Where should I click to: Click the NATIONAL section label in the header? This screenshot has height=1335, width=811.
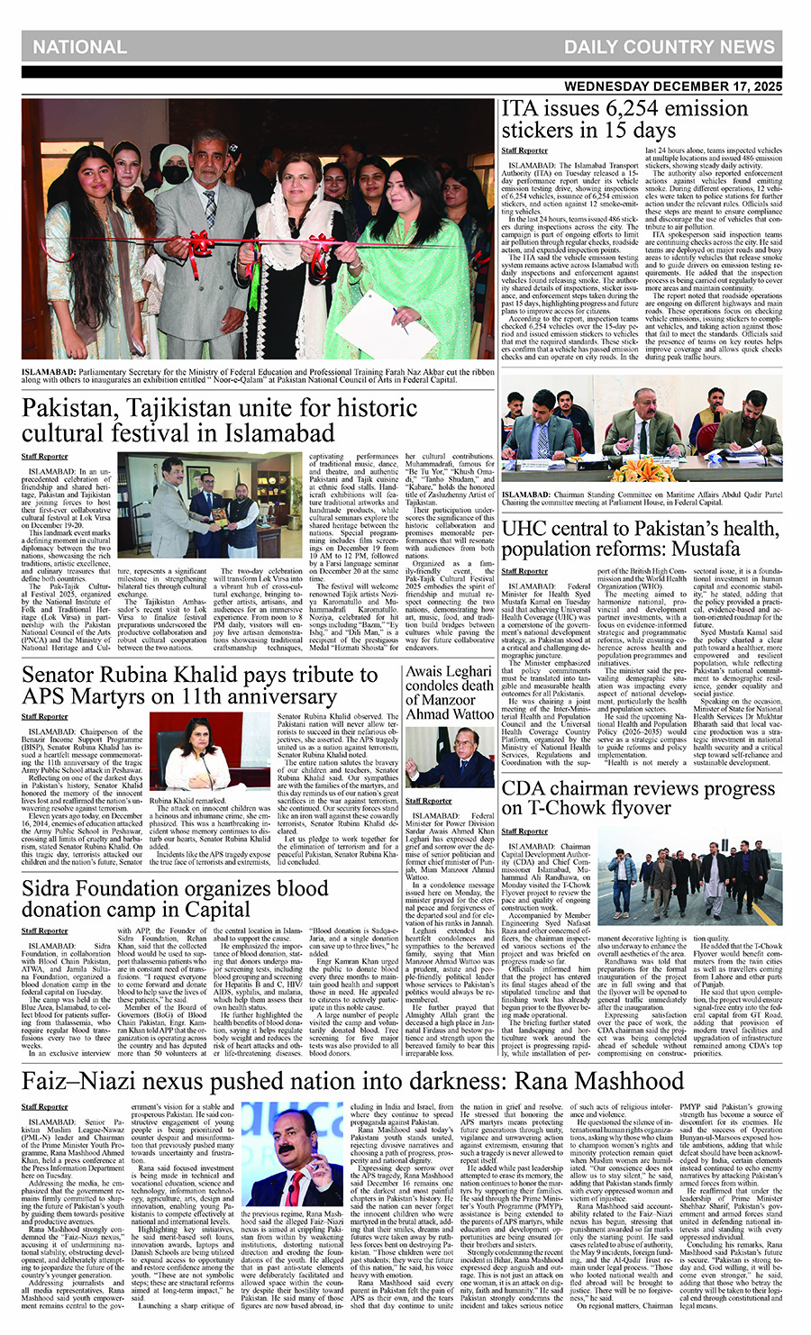tap(79, 47)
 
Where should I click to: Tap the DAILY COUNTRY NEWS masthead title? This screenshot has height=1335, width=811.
tap(669, 47)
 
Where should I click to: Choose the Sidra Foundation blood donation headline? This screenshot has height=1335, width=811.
tap(175, 898)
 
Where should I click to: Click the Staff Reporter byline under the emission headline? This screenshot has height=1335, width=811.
tap(524, 150)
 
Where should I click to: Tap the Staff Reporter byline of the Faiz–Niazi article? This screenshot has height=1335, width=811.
tap(45, 1106)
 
